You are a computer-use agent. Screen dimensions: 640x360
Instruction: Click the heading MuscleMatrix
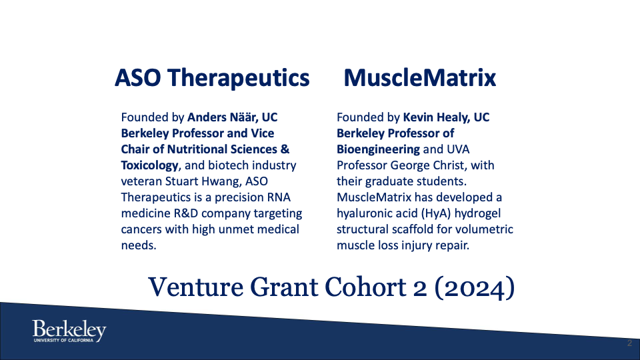click(x=419, y=77)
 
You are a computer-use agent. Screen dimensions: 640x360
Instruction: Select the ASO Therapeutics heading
click(x=212, y=77)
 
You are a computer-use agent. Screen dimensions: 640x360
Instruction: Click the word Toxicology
click(x=149, y=165)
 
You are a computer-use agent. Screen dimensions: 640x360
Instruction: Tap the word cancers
click(x=141, y=229)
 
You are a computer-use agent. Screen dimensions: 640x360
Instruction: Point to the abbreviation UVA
click(x=459, y=149)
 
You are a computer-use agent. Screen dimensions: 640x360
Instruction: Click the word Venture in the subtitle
click(x=195, y=287)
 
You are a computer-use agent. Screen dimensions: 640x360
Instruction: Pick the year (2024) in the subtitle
click(x=475, y=288)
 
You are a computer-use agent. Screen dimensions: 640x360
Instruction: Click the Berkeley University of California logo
click(x=69, y=331)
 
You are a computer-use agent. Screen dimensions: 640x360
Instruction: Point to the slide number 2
click(x=629, y=343)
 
